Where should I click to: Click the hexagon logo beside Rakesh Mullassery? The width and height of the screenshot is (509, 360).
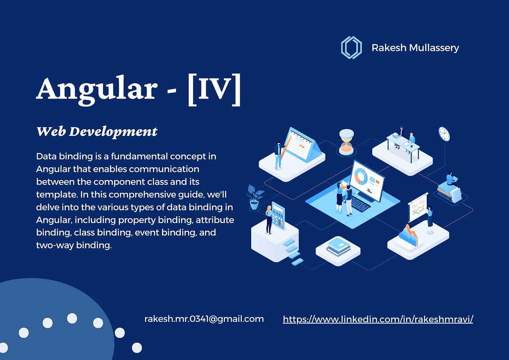(351, 47)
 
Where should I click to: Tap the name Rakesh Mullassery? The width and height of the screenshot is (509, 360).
(415, 48)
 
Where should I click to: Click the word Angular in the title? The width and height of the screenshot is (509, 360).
(95, 90)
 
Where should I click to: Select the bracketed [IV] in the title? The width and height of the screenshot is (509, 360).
(214, 90)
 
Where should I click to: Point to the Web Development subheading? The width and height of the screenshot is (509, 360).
(97, 132)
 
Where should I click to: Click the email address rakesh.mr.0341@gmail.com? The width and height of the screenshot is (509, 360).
(204, 319)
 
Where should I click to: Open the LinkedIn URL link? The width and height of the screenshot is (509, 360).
(378, 319)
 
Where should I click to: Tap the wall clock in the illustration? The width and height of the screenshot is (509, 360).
(444, 134)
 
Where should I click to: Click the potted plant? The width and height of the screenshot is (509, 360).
(255, 196)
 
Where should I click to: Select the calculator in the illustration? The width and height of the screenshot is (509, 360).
(278, 216)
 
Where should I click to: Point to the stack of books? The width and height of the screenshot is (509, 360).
(338, 246)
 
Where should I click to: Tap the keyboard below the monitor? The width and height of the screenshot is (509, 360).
(360, 206)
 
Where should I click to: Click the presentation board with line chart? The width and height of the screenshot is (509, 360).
(418, 207)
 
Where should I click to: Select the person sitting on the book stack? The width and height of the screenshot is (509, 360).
(450, 179)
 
